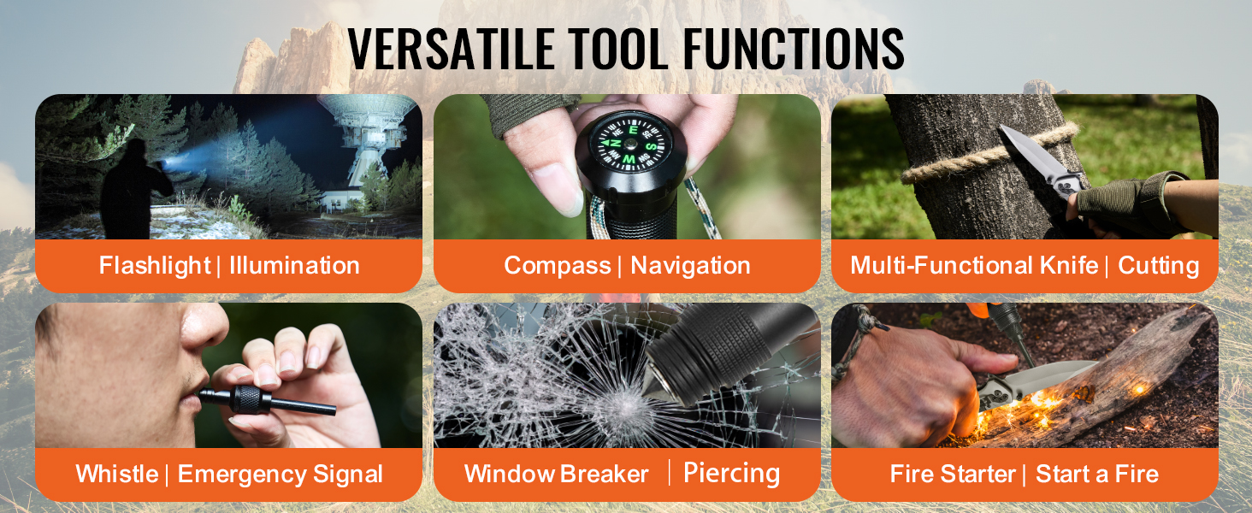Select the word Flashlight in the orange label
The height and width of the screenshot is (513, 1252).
click(154, 265)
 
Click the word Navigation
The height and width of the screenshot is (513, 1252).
click(690, 265)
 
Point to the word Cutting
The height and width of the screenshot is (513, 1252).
click(1158, 265)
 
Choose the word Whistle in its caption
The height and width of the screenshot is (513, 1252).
click(117, 474)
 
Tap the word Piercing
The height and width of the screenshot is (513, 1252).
click(732, 474)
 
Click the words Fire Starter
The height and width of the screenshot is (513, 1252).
click(953, 474)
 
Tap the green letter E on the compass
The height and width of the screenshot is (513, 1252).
click(633, 130)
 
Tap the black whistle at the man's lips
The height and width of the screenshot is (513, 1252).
click(267, 401)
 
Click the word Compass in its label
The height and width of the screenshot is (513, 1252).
click(558, 265)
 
